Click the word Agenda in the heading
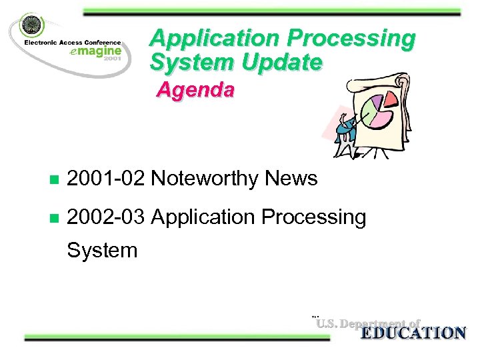195,90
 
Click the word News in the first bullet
291,179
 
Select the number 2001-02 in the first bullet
106,179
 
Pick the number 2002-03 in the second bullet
106,217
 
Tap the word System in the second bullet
102,251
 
